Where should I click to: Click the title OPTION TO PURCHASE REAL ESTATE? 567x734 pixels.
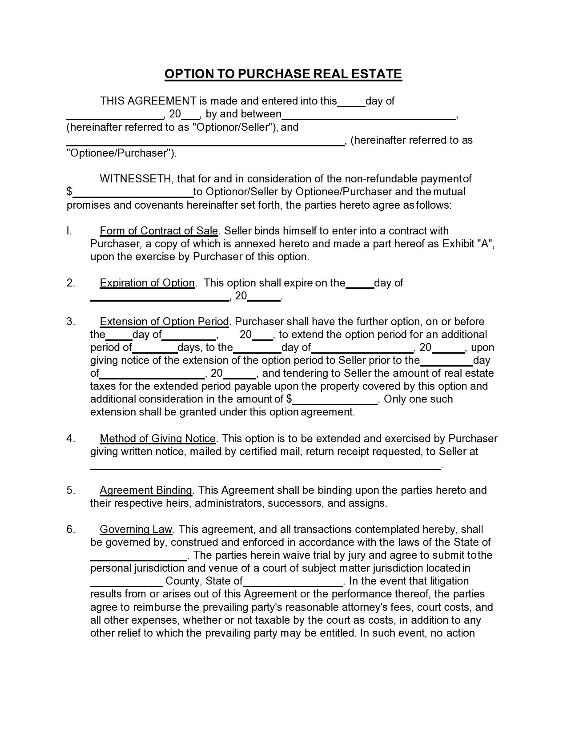(x=283, y=74)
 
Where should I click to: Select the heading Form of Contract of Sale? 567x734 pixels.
(x=159, y=231)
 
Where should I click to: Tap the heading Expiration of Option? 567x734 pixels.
(x=147, y=283)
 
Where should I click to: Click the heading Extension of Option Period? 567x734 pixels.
(x=165, y=322)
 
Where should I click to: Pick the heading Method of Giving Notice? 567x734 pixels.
(x=158, y=439)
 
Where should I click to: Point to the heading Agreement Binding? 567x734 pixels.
(x=146, y=490)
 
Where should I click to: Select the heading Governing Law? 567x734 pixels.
(x=136, y=529)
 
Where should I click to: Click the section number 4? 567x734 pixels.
(x=71, y=439)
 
